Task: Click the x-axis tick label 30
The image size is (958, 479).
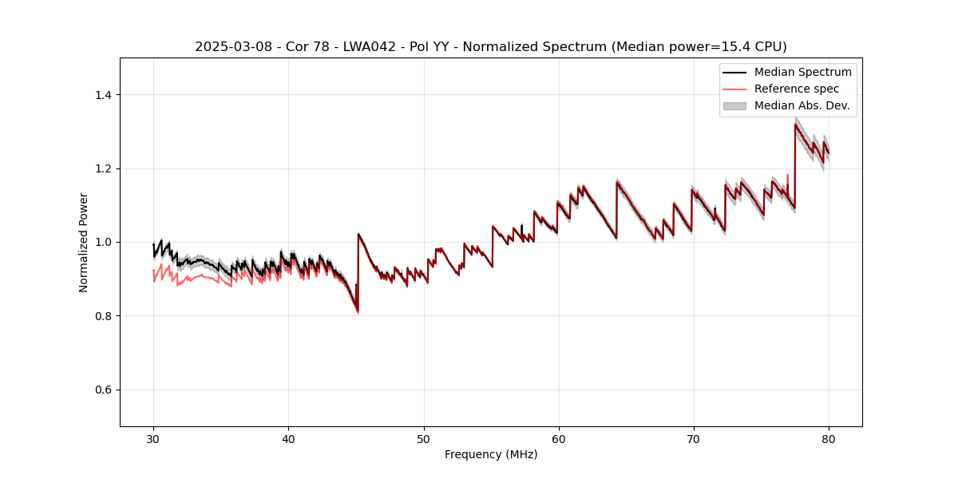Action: tap(153, 438)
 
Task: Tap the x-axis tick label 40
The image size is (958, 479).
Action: tap(288, 438)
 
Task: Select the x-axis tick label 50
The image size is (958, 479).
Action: tap(423, 438)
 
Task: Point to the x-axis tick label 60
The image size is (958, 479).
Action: tap(559, 438)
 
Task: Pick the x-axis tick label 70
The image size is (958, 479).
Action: tap(694, 438)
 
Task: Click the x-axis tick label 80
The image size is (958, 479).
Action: tap(829, 438)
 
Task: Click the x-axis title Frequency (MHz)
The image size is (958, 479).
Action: tap(491, 454)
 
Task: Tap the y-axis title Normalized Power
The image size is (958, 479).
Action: tap(83, 242)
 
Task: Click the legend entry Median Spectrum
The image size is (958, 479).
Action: tap(802, 72)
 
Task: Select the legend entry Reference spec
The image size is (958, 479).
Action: tap(796, 89)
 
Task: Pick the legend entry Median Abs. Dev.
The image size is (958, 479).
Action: tap(802, 105)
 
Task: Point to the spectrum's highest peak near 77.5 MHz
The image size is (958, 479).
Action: tap(796, 124)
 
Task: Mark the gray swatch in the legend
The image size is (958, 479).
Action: tap(734, 105)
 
